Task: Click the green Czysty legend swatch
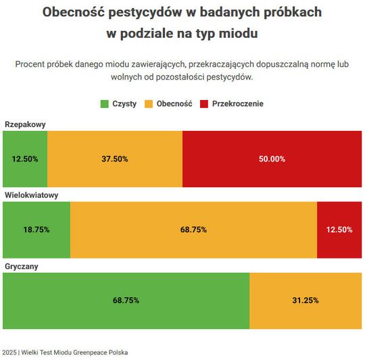click(105, 104)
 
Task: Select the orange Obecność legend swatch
click(149, 104)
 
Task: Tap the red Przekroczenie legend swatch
click(204, 104)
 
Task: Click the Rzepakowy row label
click(25, 124)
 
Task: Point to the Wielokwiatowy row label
click(31, 195)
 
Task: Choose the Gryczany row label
click(22, 266)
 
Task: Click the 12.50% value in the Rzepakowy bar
click(25, 159)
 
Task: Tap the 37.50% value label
click(115, 159)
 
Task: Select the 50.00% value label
click(272, 159)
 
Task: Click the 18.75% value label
click(36, 230)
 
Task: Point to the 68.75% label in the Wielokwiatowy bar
click(194, 230)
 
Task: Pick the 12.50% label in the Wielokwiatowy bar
click(339, 230)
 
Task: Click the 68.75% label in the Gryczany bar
click(126, 301)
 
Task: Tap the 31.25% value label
click(306, 301)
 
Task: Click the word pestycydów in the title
click(145, 12)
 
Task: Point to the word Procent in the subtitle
click(30, 64)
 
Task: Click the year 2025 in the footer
click(9, 353)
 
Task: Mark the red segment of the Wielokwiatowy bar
click(339, 230)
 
